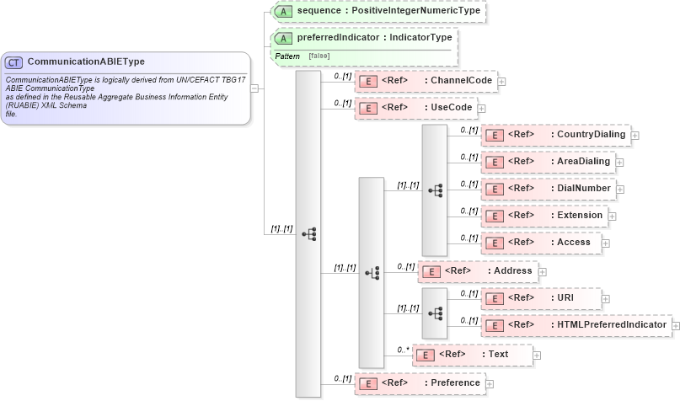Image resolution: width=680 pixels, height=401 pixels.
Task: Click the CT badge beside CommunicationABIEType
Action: point(14,62)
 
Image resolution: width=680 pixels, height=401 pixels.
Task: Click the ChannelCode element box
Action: point(426,81)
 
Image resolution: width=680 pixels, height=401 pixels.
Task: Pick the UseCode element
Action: point(415,108)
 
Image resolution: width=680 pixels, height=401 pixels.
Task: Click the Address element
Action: point(478,271)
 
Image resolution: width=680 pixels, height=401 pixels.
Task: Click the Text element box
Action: point(472,355)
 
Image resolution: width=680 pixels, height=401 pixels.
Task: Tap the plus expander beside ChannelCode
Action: point(502,82)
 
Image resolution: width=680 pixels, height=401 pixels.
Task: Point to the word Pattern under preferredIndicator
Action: point(286,56)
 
